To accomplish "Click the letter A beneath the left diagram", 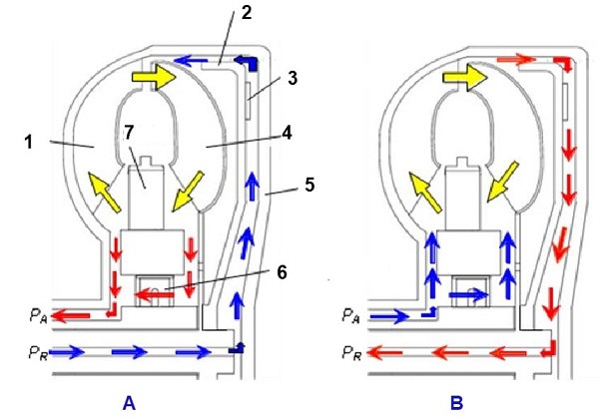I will click(128, 402).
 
